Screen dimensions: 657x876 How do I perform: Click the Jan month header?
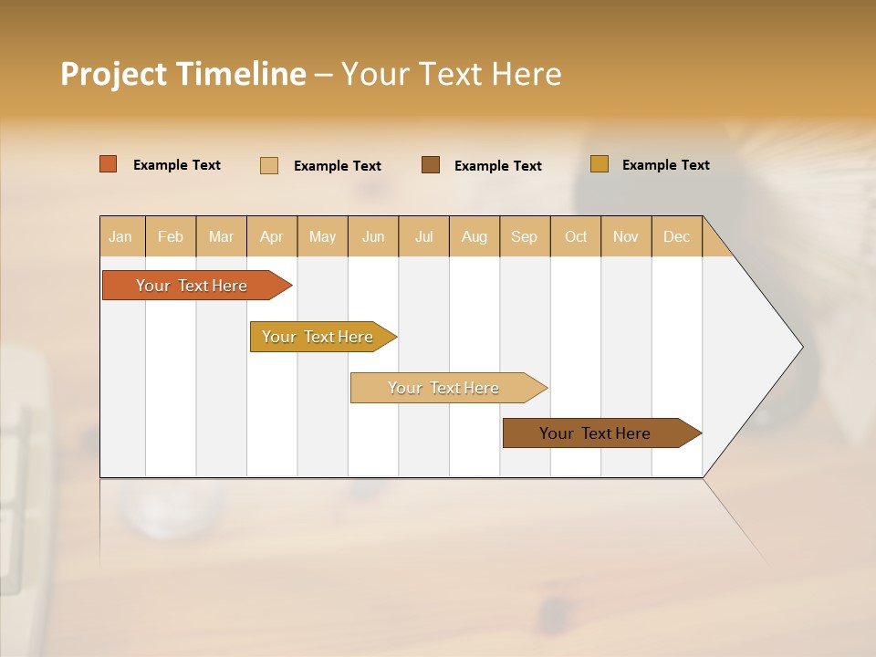(x=121, y=236)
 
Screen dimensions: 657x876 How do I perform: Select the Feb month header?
(x=171, y=236)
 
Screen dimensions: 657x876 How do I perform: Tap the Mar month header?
(x=221, y=236)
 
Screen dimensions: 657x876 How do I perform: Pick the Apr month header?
(x=272, y=236)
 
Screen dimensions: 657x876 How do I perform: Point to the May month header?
(x=322, y=236)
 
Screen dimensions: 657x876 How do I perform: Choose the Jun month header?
(x=373, y=236)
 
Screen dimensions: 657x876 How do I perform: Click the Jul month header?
(x=423, y=236)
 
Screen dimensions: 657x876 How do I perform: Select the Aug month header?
(x=474, y=236)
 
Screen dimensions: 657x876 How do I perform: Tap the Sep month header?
(x=525, y=236)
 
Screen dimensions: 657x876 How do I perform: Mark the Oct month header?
(x=576, y=236)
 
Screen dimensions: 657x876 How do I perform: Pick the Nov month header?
(x=626, y=236)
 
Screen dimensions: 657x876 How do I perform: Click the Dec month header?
(x=677, y=236)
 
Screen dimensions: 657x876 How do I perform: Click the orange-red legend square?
(x=109, y=164)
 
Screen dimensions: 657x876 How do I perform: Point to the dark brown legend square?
(x=431, y=164)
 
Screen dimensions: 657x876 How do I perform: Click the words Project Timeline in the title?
(x=183, y=74)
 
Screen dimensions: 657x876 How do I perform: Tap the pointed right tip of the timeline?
(x=798, y=347)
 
